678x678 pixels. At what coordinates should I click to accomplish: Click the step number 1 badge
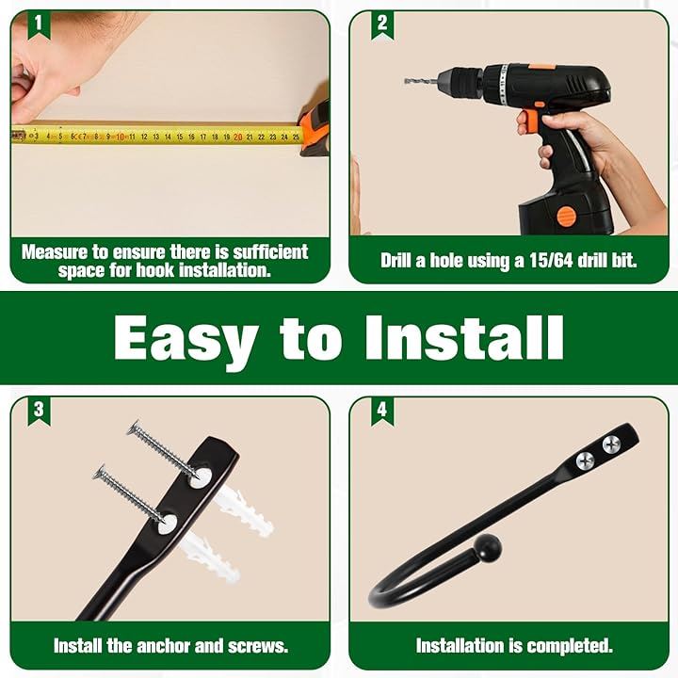(39, 24)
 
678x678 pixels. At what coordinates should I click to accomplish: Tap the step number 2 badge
(381, 24)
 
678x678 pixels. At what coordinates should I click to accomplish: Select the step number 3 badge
(39, 410)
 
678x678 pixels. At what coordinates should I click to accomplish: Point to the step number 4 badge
(381, 410)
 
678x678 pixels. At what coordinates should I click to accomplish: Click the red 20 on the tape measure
(238, 137)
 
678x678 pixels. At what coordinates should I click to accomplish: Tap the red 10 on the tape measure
(121, 137)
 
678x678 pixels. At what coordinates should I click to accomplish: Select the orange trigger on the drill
(528, 121)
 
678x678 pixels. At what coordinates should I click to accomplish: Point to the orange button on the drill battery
(566, 217)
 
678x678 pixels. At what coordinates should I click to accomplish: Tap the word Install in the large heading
(464, 337)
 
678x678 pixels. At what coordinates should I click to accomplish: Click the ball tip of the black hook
(489, 548)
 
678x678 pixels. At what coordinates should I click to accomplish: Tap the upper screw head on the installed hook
(611, 443)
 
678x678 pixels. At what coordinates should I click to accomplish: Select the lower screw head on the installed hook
(585, 460)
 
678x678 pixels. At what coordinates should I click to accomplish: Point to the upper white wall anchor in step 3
(244, 511)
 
